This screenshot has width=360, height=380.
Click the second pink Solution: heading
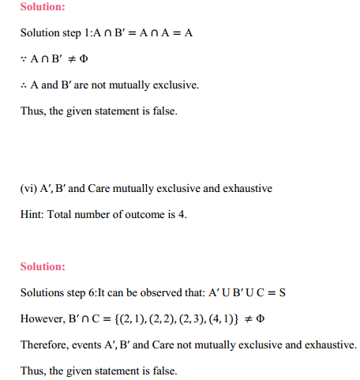pyautogui.click(x=43, y=267)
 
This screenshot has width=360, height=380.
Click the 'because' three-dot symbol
pyautogui.click(x=24, y=60)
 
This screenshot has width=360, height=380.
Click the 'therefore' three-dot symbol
pyautogui.click(x=24, y=85)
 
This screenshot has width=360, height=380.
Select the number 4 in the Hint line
pyautogui.click(x=183, y=214)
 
